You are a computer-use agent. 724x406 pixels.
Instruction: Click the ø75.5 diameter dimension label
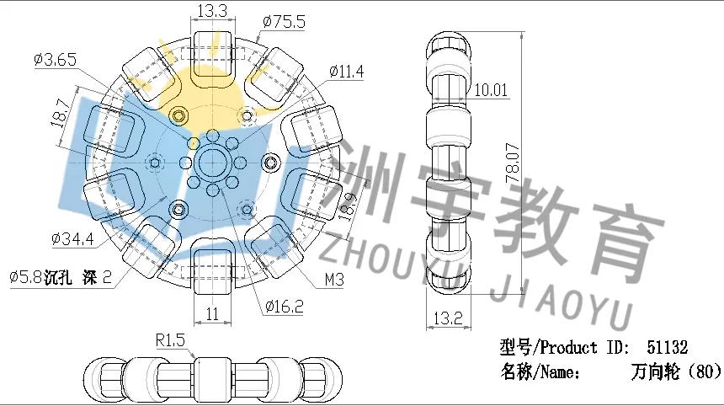point(284,22)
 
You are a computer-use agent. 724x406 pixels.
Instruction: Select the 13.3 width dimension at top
point(212,11)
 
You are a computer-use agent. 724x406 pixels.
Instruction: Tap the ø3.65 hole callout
point(55,60)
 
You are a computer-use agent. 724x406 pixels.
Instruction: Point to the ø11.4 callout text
point(346,72)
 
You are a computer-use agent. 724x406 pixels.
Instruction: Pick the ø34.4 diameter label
point(73,238)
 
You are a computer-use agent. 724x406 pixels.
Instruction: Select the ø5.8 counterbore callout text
point(61,277)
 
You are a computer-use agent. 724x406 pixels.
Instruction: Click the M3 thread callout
point(334,280)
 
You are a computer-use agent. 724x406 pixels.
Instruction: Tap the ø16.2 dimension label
point(285,306)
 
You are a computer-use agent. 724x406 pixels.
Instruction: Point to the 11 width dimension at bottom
point(212,314)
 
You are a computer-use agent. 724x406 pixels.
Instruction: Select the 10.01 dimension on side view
point(491,89)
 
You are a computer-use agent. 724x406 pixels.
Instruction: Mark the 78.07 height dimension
point(513,163)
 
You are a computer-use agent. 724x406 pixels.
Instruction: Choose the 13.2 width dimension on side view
point(448,318)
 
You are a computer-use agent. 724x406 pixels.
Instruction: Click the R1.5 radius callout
point(170,340)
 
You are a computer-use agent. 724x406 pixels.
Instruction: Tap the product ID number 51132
point(668,347)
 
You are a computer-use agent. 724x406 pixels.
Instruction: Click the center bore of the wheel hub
point(212,162)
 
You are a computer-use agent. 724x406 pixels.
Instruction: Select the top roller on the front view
point(212,53)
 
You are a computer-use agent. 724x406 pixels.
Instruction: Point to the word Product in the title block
point(568,347)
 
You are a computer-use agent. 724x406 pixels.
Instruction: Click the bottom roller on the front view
point(212,271)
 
